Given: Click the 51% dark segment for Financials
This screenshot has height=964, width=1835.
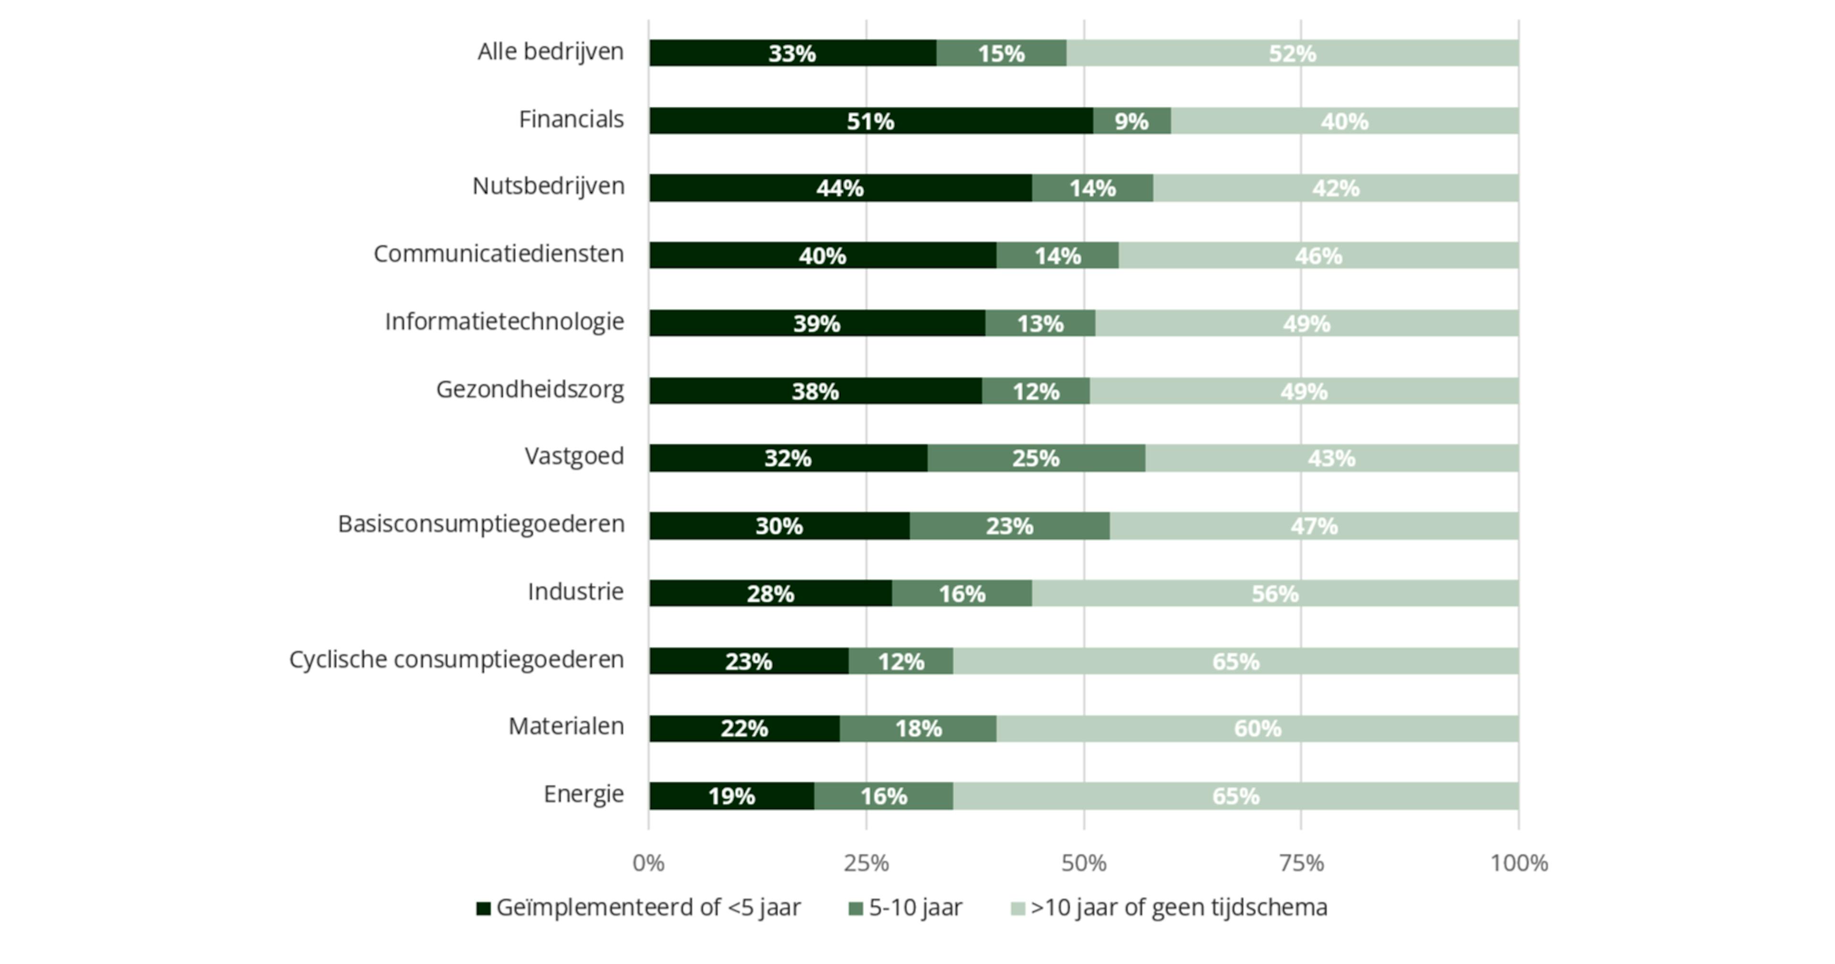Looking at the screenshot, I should click(871, 121).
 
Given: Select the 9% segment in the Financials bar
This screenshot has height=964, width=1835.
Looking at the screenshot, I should click(1131, 121).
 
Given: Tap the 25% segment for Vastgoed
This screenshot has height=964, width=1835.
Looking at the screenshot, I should click(1036, 458).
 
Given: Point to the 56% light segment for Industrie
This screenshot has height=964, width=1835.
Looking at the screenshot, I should click(1274, 594).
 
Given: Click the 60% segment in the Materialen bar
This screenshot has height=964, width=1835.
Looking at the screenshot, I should click(1257, 728).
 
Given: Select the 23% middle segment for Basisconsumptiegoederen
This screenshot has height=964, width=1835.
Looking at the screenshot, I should click(1009, 526).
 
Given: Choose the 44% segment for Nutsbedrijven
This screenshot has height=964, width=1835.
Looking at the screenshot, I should click(840, 188).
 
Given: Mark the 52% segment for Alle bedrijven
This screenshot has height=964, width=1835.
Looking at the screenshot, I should click(1292, 54).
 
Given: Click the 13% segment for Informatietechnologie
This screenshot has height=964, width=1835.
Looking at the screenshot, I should click(1039, 324).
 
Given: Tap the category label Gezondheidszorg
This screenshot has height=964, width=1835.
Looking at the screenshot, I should click(530, 390).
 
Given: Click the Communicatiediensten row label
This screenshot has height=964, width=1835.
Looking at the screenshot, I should click(498, 254).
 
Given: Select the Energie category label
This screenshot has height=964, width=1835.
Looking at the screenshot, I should click(583, 794).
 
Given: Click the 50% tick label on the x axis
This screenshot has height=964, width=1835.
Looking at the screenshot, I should click(1083, 864).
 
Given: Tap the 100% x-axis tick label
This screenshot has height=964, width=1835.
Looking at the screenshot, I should click(1519, 864).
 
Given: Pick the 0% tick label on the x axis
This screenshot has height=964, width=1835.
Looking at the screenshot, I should click(648, 864).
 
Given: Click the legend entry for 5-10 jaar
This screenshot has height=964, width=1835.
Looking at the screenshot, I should click(906, 908).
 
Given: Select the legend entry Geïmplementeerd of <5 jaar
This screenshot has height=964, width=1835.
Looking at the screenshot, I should click(639, 908).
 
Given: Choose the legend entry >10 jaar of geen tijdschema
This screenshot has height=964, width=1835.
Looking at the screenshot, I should click(1170, 908).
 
